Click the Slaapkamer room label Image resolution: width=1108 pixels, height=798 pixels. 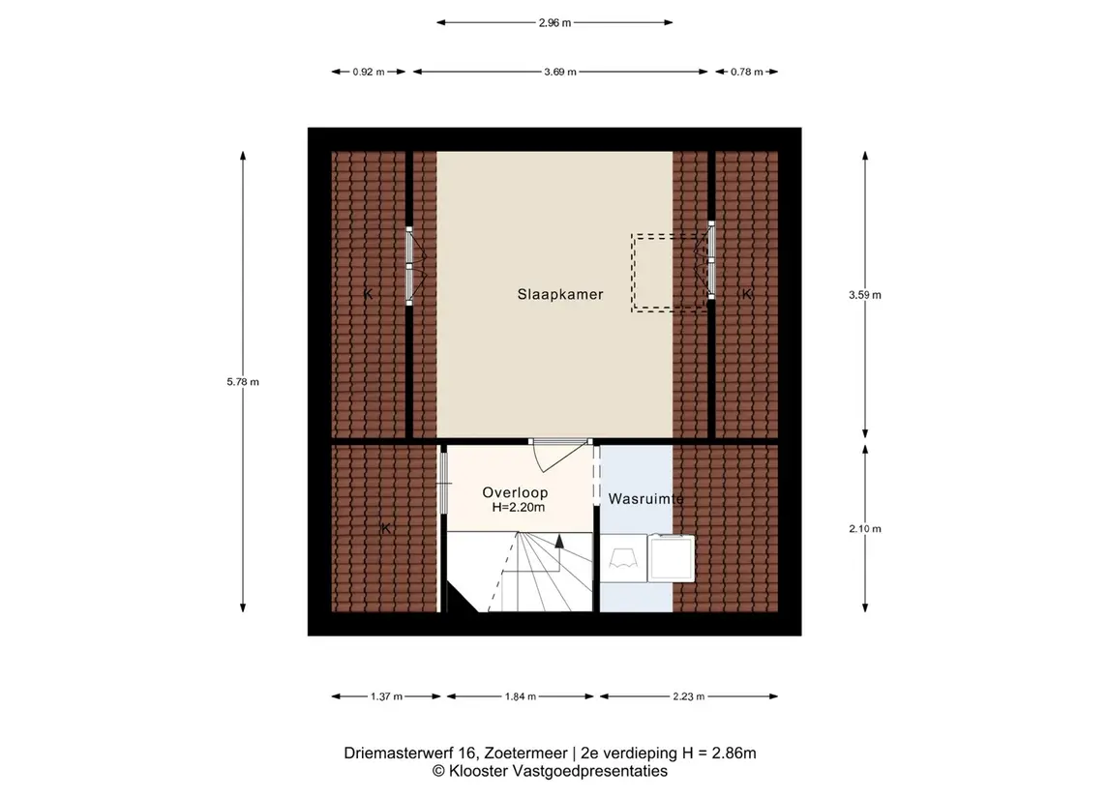tap(560, 294)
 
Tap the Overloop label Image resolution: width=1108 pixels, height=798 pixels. tap(515, 493)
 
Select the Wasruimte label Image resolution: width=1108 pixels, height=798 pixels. tap(645, 498)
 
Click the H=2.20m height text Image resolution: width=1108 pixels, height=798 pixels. tap(519, 507)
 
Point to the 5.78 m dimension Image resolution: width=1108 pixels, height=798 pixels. tap(243, 382)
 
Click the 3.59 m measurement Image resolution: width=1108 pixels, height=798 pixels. tap(865, 295)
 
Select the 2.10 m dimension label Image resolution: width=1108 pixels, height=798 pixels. tap(865, 528)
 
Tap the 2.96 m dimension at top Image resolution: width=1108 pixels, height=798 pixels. tap(554, 22)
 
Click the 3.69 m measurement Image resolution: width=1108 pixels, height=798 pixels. tap(560, 72)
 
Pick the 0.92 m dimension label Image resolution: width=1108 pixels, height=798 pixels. tap(369, 72)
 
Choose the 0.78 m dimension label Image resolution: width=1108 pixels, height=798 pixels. tap(747, 72)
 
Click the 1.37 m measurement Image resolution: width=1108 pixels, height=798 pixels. tap(386, 696)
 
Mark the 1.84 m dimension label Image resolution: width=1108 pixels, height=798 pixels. tap(521, 696)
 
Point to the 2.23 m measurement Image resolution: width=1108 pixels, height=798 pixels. tap(689, 696)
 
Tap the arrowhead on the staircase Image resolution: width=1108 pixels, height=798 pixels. tap(559, 541)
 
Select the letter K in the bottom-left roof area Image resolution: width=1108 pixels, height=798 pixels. tap(386, 528)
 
